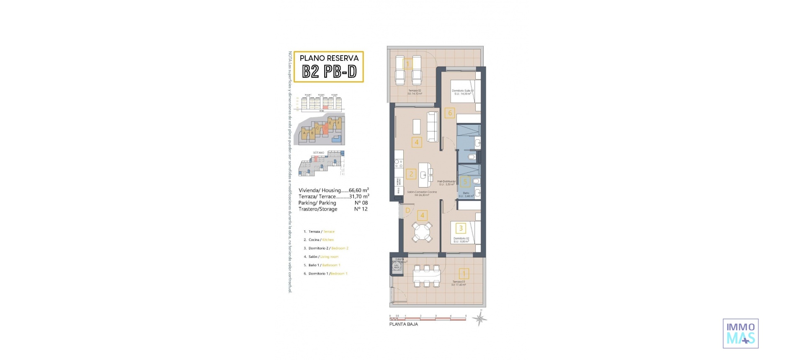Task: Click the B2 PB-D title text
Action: click(329, 72)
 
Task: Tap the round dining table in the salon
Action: click(422, 231)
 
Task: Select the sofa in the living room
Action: click(433, 126)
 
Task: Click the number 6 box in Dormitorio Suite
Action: click(450, 113)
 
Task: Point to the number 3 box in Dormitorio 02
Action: click(461, 228)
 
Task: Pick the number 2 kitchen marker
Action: click(411, 174)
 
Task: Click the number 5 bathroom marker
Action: click(465, 182)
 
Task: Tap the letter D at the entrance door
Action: click(407, 211)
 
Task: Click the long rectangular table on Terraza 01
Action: click(426, 276)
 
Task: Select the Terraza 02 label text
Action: click(415, 90)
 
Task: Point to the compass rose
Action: click(480, 319)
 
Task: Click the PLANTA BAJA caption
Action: click(403, 324)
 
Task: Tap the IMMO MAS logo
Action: click(740, 333)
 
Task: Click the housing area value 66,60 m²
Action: click(358, 190)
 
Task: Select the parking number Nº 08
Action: click(361, 203)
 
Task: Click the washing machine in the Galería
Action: click(397, 266)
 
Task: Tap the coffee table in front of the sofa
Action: click(417, 126)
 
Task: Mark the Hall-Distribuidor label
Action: click(446, 182)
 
